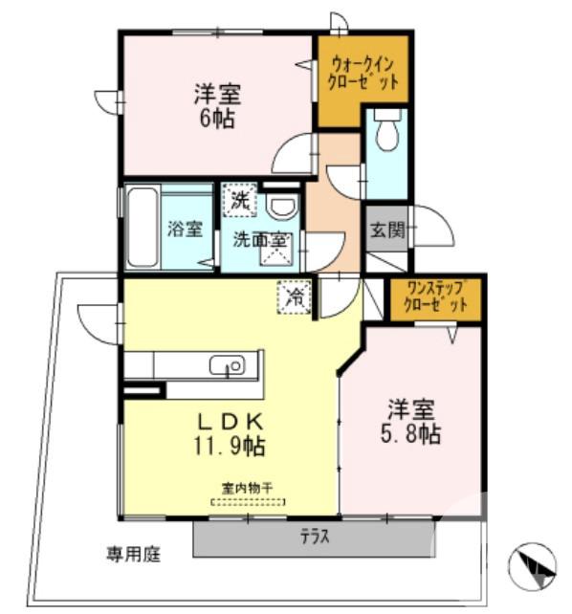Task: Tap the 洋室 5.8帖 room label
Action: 413,422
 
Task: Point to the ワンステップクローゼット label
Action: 435,298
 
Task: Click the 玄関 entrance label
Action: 387,229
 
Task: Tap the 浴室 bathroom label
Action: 185,230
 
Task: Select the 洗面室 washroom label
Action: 260,240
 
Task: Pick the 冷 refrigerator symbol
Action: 296,297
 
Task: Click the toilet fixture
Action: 386,133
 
